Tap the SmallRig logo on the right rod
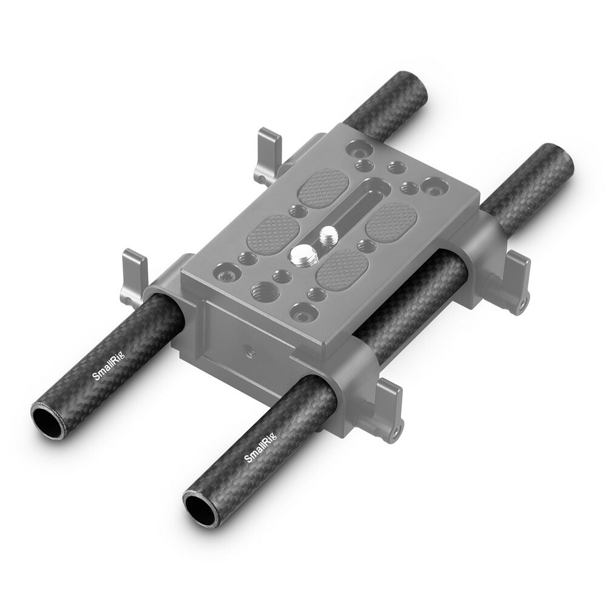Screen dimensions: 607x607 pos(259,449)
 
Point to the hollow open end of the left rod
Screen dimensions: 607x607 pos(47,422)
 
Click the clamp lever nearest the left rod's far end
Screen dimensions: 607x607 pos(267,155)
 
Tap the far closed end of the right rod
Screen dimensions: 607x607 pos(558,158)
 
